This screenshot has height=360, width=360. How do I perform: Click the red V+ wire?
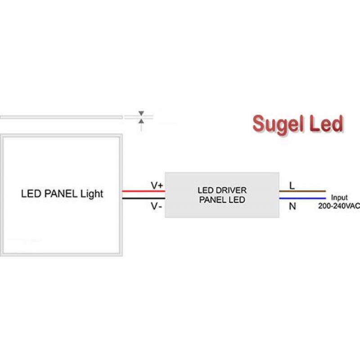coord(143,191)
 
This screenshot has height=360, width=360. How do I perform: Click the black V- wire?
coord(143,198)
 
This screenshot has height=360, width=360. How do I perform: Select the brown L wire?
coord(302,191)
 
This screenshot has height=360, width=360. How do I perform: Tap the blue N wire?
coord(302,198)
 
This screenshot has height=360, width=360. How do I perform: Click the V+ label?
coord(157,185)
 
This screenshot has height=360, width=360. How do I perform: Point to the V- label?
coord(156,207)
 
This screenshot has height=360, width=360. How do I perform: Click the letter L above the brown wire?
coord(292,185)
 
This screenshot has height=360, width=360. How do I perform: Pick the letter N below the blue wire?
coord(292,206)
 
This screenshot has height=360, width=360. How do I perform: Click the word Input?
coord(339,198)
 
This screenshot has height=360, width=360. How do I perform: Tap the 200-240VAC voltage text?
coord(339,206)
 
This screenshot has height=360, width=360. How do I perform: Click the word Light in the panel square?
coord(92,194)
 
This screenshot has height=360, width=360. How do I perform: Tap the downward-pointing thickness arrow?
coord(141,113)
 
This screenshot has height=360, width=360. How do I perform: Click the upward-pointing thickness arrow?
coord(141,121)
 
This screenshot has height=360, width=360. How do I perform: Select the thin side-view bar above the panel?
coord(61,117)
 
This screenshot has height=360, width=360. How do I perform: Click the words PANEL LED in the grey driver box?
coord(222,200)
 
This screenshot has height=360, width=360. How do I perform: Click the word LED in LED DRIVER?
coord(206,191)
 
